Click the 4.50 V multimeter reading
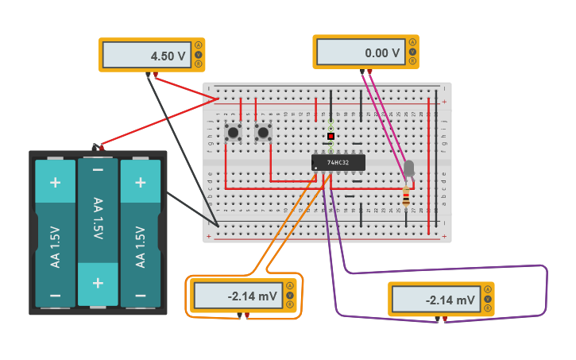(x=146, y=56)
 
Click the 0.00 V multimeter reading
(x=361, y=52)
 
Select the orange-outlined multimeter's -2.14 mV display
(x=236, y=296)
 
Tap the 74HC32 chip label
(x=338, y=163)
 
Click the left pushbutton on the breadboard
(x=233, y=132)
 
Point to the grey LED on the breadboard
(x=408, y=168)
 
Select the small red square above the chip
(x=331, y=136)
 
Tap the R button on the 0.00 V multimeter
(x=412, y=60)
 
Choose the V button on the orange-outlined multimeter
(x=289, y=296)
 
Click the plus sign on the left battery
(x=55, y=182)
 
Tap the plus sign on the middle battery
(x=98, y=283)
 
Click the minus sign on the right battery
(x=141, y=295)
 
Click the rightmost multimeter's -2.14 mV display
(x=435, y=300)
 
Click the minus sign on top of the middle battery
(x=98, y=170)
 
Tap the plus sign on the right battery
(x=141, y=182)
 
